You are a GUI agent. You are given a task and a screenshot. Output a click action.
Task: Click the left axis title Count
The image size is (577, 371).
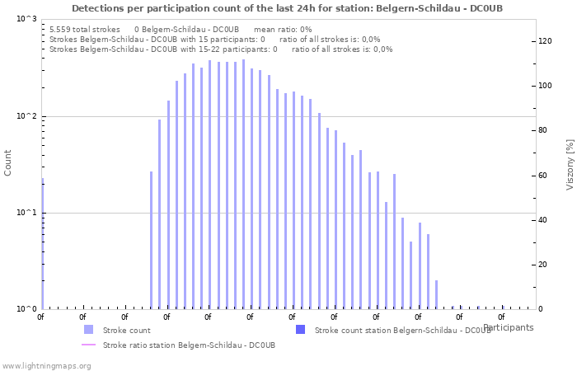pos(8,163)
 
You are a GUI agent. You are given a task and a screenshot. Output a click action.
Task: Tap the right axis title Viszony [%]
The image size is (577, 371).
pos(569,164)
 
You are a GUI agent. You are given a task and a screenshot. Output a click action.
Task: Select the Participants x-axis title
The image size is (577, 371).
pos(508,327)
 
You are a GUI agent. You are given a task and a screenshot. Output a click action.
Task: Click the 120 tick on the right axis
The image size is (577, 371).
pos(545,41)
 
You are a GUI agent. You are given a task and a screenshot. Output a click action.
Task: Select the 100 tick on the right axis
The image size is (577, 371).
pos(545,86)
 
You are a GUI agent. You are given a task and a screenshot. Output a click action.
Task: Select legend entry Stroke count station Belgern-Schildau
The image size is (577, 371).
pos(402,330)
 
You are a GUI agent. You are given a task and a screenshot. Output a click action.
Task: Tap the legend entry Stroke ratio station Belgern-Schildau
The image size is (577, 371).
pos(189,345)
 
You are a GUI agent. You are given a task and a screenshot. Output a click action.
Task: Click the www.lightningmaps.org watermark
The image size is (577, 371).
pos(47,365)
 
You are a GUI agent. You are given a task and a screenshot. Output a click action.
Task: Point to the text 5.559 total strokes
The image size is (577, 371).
pos(84,29)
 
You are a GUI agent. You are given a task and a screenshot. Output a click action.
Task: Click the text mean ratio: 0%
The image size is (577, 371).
pos(283,29)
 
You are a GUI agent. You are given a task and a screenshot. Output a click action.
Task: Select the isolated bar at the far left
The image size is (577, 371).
pos(42,243)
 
